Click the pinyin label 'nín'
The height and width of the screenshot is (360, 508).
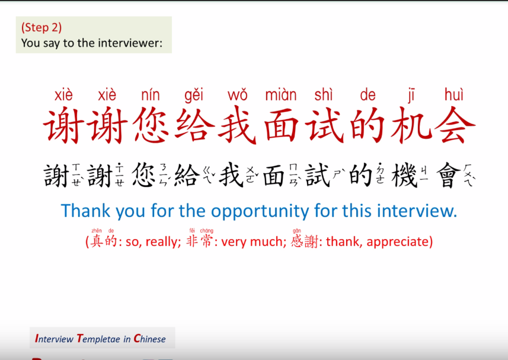151,95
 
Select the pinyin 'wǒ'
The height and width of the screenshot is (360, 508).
237,95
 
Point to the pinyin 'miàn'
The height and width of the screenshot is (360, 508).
281,95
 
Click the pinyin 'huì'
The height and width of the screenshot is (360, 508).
454,95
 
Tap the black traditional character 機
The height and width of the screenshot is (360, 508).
405,175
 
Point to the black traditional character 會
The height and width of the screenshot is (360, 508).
448,175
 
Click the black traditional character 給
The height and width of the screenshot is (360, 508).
187,175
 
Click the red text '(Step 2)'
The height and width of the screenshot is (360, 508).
41,28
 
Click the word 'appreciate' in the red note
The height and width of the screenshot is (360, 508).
400,242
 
